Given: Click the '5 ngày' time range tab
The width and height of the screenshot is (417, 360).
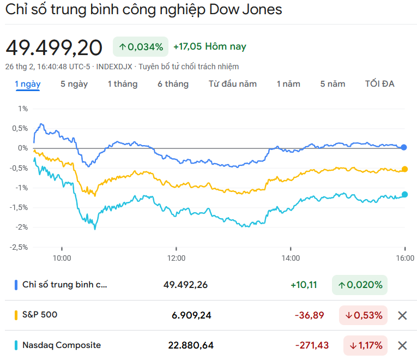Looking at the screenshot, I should click(x=74, y=84).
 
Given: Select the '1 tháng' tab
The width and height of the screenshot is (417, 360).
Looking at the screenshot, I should click(x=123, y=84).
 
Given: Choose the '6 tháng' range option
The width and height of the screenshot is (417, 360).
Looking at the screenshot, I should click(x=173, y=84).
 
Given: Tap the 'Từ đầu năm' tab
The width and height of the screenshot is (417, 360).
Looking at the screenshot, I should click(x=233, y=84).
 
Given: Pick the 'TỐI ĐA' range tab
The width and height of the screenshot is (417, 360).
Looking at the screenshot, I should click(x=380, y=84).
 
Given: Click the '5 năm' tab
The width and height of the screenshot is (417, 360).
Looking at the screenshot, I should click(x=333, y=84).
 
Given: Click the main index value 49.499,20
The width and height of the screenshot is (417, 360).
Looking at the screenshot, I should click(x=54, y=48).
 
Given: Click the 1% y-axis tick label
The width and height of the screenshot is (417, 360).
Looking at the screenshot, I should click(x=22, y=109).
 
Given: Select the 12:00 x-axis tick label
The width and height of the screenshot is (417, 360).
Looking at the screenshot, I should click(x=176, y=258).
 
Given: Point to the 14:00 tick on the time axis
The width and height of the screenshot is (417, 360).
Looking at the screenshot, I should click(x=291, y=258).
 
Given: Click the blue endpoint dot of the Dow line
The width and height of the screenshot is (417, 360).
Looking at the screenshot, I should click(x=404, y=147).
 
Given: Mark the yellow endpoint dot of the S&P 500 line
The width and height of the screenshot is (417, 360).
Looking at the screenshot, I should click(x=404, y=169).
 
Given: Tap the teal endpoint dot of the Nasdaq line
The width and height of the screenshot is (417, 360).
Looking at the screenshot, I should click(x=404, y=194).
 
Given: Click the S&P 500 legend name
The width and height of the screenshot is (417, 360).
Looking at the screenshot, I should click(x=40, y=315).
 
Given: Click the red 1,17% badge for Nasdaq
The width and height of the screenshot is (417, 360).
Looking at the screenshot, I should click(x=365, y=345).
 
